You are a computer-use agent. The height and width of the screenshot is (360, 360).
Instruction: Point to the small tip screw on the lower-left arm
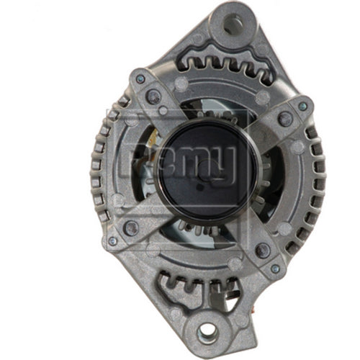point(113,241)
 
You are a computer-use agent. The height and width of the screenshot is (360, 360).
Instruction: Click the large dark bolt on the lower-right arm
point(262,251)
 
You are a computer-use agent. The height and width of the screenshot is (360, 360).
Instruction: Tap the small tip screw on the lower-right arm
point(274,268)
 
